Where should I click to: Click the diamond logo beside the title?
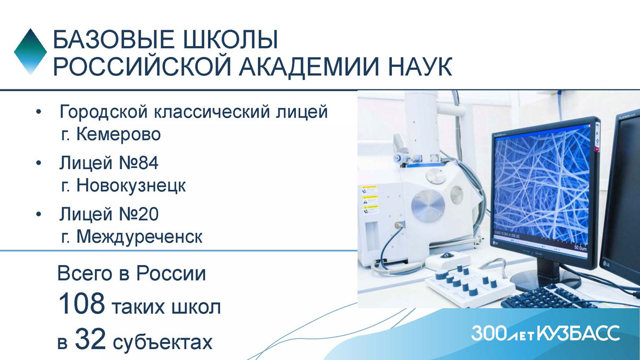[x=30, y=52]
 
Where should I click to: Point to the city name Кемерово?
[x=118, y=134]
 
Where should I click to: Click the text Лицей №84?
[x=108, y=163]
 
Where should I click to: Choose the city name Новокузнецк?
[x=131, y=186]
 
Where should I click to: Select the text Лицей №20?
[x=108, y=214]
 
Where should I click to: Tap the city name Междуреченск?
[x=139, y=237]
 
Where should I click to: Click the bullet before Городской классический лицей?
[x=39, y=112]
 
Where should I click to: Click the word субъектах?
[x=163, y=342]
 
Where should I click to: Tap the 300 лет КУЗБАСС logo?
[x=545, y=333]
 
